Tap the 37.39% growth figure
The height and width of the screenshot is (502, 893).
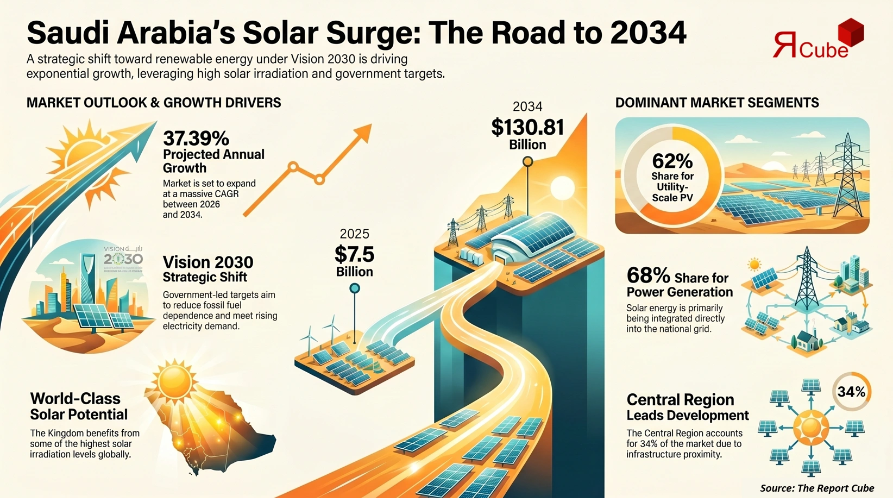coord(196,138)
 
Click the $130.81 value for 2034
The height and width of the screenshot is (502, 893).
coord(527,127)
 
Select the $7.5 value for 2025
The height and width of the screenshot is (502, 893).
coord(354,254)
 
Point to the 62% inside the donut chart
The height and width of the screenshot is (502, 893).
coord(672,161)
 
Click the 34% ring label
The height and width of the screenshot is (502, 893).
coord(851,392)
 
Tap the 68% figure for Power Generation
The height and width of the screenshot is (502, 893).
coord(648,275)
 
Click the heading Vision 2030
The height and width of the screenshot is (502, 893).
coord(207,262)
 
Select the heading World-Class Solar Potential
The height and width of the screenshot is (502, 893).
coord(79,406)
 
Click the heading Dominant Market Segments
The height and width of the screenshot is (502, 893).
coord(716,103)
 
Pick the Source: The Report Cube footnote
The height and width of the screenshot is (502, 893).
coord(816,488)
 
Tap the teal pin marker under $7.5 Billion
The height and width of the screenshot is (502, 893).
coord(355,288)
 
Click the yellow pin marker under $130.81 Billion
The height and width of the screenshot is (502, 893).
coord(527,161)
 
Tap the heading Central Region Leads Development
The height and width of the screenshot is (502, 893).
coord(687,407)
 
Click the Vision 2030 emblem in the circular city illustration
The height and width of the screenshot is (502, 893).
coord(123,256)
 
